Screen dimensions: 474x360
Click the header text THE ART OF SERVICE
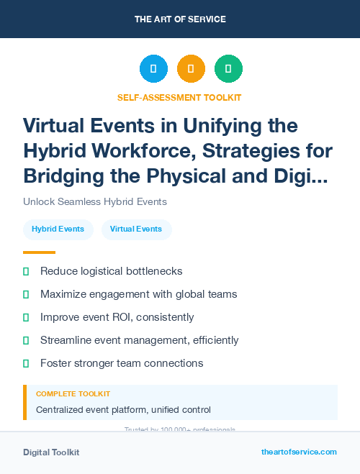180,19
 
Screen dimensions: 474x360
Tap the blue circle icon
153,68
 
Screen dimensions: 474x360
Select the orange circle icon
191,68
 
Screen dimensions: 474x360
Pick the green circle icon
228,68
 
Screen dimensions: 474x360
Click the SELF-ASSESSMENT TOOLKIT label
180,97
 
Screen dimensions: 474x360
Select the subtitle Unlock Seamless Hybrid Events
95,201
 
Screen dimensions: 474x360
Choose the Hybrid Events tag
58,229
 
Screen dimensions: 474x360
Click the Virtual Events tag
136,229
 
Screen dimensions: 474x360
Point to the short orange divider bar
39,252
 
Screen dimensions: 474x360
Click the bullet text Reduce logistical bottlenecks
111,271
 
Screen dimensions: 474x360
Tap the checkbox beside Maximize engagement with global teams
27,294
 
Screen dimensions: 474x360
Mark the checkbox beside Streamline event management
27,340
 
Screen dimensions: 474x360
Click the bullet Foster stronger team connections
122,363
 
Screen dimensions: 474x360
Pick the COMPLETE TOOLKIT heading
73,394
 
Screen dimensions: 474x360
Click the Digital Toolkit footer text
51,452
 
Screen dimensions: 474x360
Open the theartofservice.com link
299,452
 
